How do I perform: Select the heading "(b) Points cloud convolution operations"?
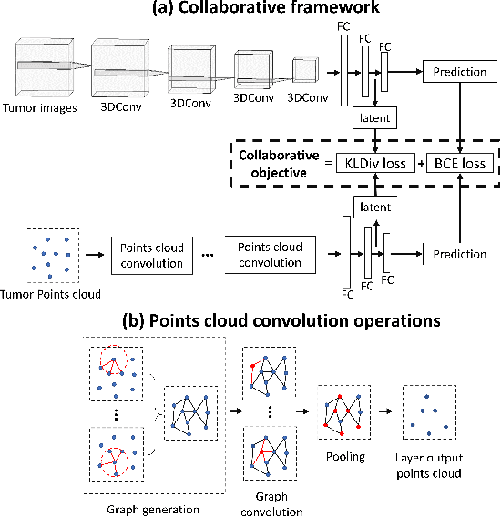[x=250, y=320]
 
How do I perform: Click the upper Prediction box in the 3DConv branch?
[x=459, y=70]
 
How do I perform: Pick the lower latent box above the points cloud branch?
[x=375, y=208]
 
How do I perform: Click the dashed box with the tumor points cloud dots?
[x=52, y=255]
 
